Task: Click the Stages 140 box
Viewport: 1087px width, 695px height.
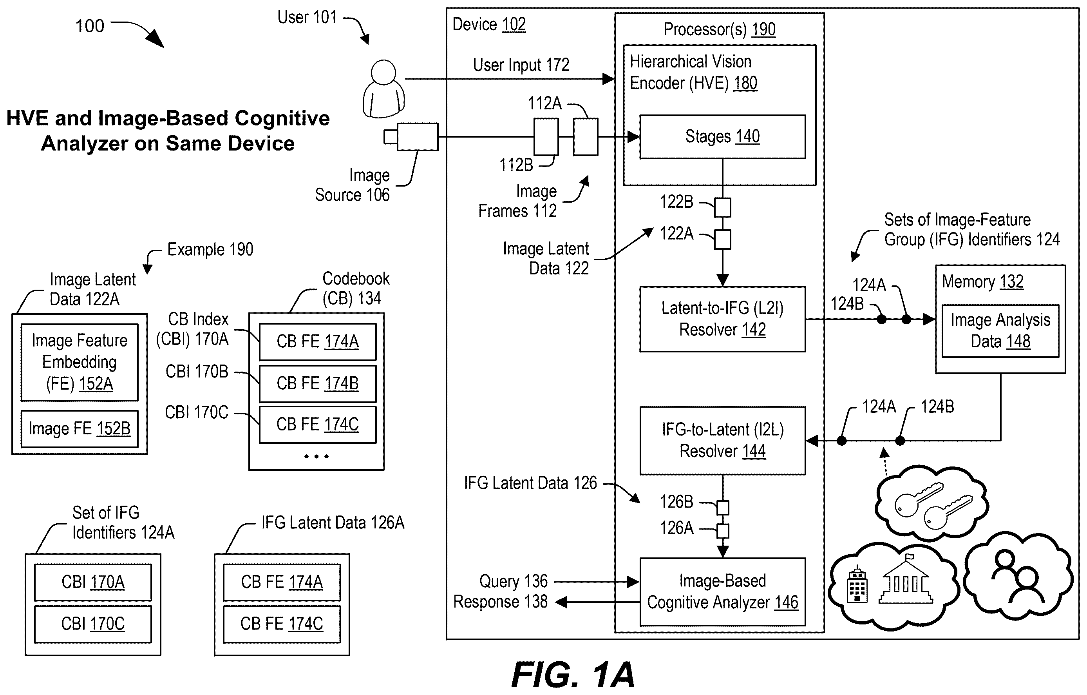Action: [722, 136]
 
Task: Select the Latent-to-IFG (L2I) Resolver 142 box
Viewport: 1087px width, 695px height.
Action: [722, 319]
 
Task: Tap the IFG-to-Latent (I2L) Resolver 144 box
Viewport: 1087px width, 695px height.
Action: [722, 440]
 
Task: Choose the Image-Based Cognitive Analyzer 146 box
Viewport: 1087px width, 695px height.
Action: [722, 592]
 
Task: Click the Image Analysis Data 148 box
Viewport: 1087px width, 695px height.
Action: [1000, 331]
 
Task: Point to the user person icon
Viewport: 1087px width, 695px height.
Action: [384, 89]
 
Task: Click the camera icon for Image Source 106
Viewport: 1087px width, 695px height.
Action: [411, 137]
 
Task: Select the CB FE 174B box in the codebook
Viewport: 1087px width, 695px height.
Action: [317, 383]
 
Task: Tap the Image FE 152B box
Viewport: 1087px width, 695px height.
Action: [80, 428]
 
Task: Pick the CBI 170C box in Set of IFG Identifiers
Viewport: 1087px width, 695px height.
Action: [93, 624]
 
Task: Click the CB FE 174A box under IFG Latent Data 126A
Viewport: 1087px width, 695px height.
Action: [282, 582]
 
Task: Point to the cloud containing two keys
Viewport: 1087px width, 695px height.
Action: [931, 503]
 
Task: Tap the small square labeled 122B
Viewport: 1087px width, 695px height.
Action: [722, 208]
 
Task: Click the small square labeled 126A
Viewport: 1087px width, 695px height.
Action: [723, 531]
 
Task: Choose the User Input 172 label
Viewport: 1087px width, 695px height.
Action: [521, 65]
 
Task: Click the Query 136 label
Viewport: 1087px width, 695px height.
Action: [513, 581]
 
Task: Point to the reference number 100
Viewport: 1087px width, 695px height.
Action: [90, 26]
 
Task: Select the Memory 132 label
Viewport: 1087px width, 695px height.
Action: [983, 282]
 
